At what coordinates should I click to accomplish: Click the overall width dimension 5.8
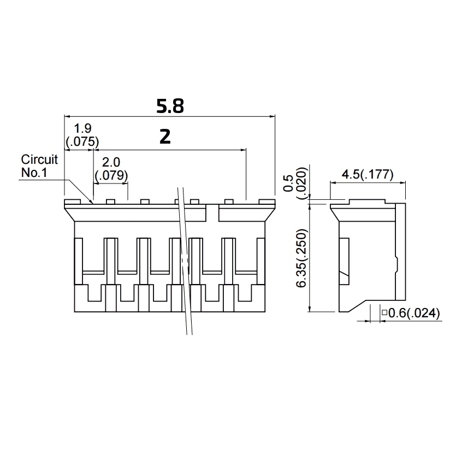coord(170,105)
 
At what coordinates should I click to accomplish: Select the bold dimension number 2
coord(165,137)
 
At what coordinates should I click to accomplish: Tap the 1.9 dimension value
coord(82,129)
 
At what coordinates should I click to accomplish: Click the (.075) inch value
coord(81,141)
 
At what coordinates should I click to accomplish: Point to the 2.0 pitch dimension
coord(111,163)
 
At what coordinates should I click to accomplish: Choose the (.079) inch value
coord(111,175)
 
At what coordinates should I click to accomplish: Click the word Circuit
coord(39,160)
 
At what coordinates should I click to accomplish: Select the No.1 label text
coord(35,173)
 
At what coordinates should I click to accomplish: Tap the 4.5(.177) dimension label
coord(368,175)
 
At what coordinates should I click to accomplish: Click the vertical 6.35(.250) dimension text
coord(301,257)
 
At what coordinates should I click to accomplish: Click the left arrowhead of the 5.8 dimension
coord(68,116)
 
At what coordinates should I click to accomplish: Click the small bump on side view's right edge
coord(396,265)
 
